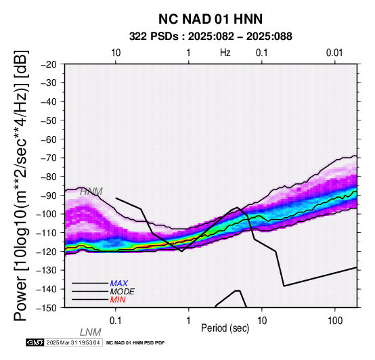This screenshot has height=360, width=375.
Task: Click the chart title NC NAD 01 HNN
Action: pos(211,19)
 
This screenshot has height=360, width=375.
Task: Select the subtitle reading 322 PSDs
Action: pos(154,37)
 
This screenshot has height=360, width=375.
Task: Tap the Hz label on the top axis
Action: pos(225,53)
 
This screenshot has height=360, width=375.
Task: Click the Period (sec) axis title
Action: pos(225,328)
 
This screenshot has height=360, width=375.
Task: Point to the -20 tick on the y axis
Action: pos(49,64)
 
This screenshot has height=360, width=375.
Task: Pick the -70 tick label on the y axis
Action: pos(49,158)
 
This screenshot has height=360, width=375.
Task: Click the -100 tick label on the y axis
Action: pos(46,214)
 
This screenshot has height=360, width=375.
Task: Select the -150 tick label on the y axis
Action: pos(46,308)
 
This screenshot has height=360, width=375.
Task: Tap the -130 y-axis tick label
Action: pos(46,270)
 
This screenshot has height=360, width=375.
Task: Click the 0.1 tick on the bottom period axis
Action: pos(116,321)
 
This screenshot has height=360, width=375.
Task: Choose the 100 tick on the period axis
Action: pos(335,321)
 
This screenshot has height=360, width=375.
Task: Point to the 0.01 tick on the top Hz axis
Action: pos(334,53)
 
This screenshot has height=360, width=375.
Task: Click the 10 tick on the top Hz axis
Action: pos(116,53)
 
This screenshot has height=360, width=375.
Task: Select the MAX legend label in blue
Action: pos(119,284)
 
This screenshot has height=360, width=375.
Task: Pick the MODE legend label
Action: pos(123,292)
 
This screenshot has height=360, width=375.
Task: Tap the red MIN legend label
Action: pos(118,300)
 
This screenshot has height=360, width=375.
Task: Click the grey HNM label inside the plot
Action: pos(91,192)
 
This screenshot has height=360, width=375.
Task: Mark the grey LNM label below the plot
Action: pos(91,332)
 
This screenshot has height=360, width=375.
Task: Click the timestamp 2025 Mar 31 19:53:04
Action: pos(73,342)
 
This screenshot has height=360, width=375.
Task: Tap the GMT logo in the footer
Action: pos(35,342)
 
